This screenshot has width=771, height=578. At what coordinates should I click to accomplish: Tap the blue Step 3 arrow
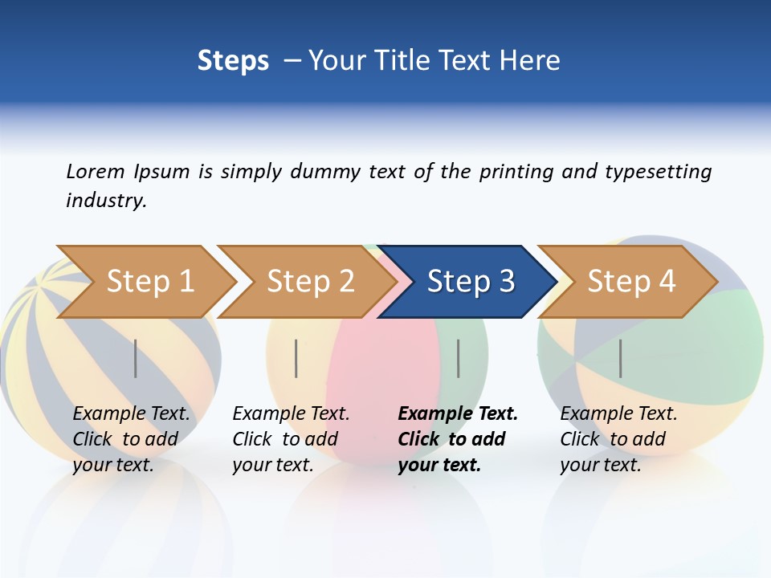pos(471,282)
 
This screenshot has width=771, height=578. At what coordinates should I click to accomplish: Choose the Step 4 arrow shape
pos(631,282)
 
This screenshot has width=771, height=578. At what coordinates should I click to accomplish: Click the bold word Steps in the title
pos(233,61)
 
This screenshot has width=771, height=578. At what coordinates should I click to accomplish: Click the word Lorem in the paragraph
pos(96,172)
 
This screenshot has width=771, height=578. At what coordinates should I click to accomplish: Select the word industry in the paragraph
pos(105,201)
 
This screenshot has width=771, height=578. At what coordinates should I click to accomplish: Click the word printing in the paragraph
pos(516,172)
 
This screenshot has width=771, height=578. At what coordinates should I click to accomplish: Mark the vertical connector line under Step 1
pos(135,358)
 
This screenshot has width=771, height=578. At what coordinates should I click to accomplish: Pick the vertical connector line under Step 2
pos(296,358)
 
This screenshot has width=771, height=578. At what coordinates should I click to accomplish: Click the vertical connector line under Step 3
pos(458,358)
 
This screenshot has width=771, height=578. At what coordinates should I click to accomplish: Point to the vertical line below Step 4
pos(620,358)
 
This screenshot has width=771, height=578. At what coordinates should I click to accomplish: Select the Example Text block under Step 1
pos(131,439)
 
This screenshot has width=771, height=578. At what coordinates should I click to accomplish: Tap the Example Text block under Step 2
pos(291,439)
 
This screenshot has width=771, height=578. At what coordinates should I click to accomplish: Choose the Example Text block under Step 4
pos(618,439)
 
